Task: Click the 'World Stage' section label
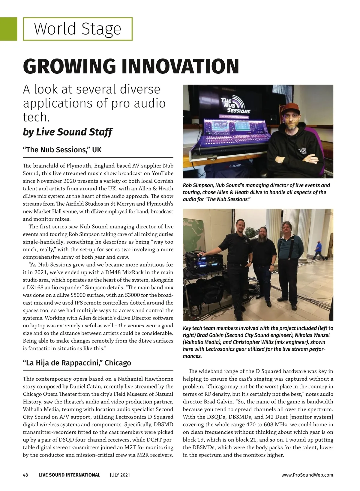(77, 29)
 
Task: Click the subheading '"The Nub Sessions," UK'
(62, 150)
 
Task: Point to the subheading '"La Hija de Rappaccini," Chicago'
(77, 363)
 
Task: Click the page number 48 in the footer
(25, 475)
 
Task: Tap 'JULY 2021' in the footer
(120, 475)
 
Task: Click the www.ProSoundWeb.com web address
(307, 475)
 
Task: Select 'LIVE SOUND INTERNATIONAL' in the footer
(69, 475)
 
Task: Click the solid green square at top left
(8, 29)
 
